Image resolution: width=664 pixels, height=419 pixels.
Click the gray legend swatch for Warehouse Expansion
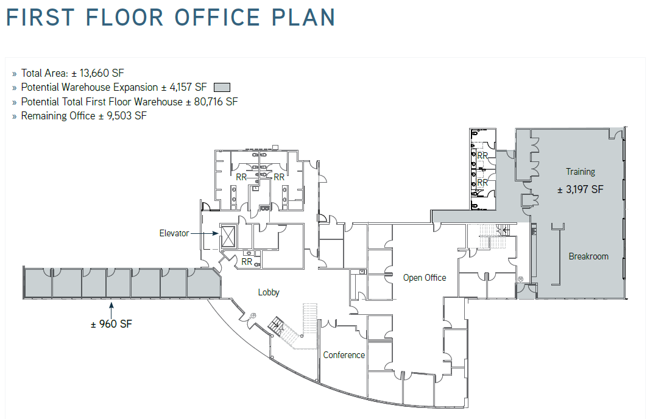[x=222, y=88]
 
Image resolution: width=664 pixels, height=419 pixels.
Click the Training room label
[x=580, y=172]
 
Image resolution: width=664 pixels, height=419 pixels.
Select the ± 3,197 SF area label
[x=580, y=189]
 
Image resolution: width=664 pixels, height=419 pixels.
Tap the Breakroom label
[x=588, y=256]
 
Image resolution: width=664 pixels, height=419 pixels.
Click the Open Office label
[x=425, y=278]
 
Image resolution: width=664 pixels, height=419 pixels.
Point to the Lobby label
[x=269, y=292]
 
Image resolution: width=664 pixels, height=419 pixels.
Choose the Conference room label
[x=344, y=355]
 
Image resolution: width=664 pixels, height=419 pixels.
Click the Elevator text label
[x=174, y=233]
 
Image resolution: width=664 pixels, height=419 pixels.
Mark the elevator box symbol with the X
[x=228, y=236]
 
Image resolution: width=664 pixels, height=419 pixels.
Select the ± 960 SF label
[x=111, y=324]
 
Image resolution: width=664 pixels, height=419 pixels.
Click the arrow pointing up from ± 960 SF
[x=111, y=307]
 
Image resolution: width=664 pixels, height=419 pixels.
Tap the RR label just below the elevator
[x=247, y=262]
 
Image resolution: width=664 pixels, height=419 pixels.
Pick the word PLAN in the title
[x=304, y=17]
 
